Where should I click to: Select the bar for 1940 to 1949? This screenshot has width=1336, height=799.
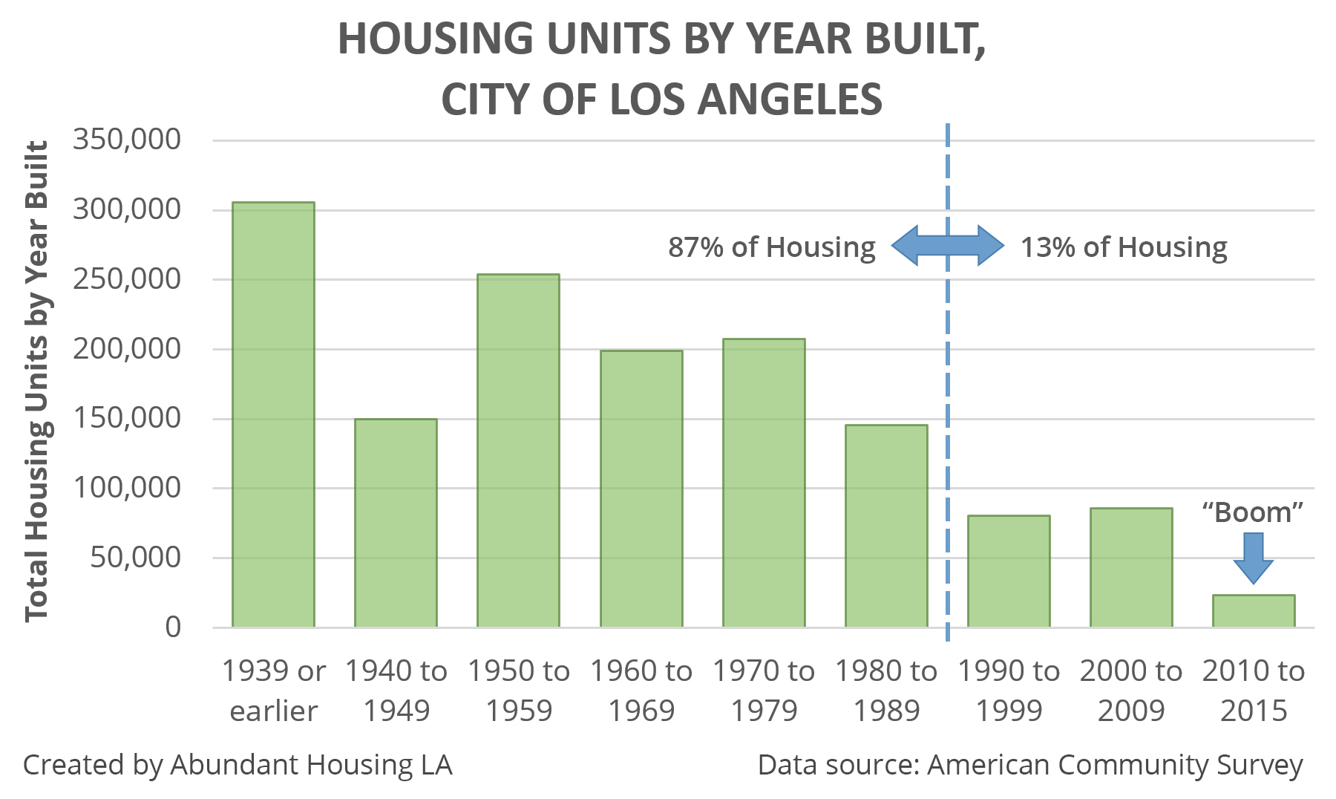click(x=396, y=523)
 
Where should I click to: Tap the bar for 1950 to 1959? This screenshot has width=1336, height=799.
click(x=518, y=451)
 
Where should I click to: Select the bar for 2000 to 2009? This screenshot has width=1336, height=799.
click(x=1131, y=567)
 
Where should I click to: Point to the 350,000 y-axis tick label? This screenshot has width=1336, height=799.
click(x=127, y=139)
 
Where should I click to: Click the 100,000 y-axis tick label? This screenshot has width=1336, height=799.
click(x=127, y=488)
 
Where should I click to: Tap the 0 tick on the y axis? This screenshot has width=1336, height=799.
click(x=173, y=627)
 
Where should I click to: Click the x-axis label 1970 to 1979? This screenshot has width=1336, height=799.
click(x=764, y=691)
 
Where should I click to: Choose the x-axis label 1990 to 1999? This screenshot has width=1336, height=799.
click(x=1009, y=691)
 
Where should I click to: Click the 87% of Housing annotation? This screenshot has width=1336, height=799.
click(x=772, y=247)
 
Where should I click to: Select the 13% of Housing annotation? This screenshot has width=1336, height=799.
click(x=1124, y=247)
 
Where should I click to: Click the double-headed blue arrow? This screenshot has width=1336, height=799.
click(x=947, y=245)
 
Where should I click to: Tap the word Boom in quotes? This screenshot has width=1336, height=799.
click(x=1253, y=512)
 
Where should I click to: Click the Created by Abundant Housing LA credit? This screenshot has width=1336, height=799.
click(x=238, y=765)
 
